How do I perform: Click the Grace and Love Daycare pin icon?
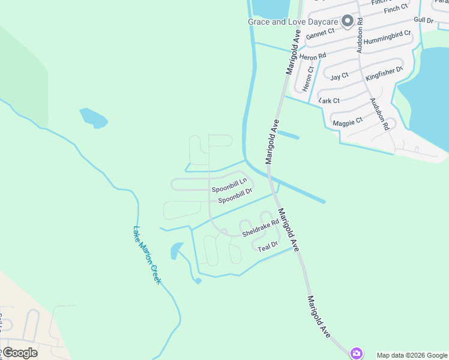pyautogui.click(x=348, y=22)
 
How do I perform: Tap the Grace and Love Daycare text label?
pyautogui.click(x=294, y=22)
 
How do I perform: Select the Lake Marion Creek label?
pyautogui.click(x=147, y=255)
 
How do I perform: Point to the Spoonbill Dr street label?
pyautogui.click(x=235, y=196)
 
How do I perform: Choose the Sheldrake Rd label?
pyautogui.click(x=261, y=227)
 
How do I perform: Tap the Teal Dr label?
pyautogui.click(x=268, y=246)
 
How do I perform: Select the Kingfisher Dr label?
pyautogui.click(x=392, y=75)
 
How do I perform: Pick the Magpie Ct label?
pyautogui.click(x=348, y=121)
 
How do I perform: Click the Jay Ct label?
pyautogui.click(x=339, y=77)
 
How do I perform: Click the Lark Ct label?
pyautogui.click(x=330, y=100)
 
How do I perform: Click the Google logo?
pyautogui.click(x=19, y=353)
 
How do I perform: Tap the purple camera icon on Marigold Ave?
pyautogui.click(x=357, y=353)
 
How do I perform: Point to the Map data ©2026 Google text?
pyautogui.click(x=412, y=355)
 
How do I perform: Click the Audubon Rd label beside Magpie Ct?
pyautogui.click(x=379, y=114)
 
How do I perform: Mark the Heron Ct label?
pyautogui.click(x=308, y=79)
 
